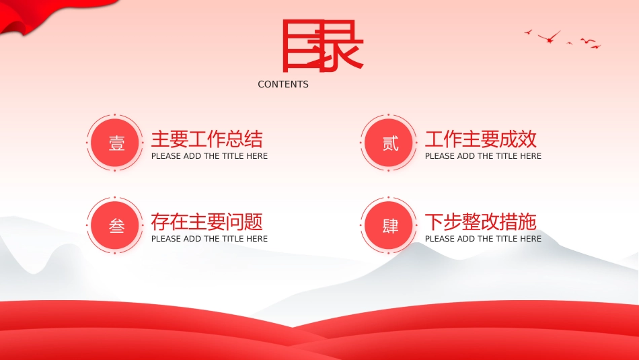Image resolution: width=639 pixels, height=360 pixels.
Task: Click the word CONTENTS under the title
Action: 283,84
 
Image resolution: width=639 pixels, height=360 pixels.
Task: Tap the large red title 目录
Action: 322,46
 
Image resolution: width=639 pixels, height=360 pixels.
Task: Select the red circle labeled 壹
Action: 115,143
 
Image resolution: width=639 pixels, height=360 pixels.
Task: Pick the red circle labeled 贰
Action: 389,143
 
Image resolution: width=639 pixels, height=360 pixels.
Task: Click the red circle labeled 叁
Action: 115,225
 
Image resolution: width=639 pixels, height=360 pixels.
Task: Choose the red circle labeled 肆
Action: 389,225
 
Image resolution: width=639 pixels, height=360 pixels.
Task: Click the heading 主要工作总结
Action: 207,139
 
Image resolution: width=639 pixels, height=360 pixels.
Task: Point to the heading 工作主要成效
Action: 481,139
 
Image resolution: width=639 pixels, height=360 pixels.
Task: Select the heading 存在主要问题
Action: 207,222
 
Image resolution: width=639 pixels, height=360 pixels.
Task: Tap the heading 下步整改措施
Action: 481,222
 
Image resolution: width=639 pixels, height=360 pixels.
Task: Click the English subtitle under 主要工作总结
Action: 209,156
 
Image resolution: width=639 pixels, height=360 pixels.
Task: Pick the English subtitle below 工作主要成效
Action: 484,156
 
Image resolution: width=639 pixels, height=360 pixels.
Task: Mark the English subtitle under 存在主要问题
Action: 209,239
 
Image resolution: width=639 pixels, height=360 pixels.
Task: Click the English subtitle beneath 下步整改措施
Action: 484,239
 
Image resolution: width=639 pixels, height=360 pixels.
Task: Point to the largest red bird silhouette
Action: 550,38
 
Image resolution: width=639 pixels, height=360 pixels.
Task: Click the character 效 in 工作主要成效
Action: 527,139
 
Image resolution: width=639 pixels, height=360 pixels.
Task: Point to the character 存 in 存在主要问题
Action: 161,222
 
